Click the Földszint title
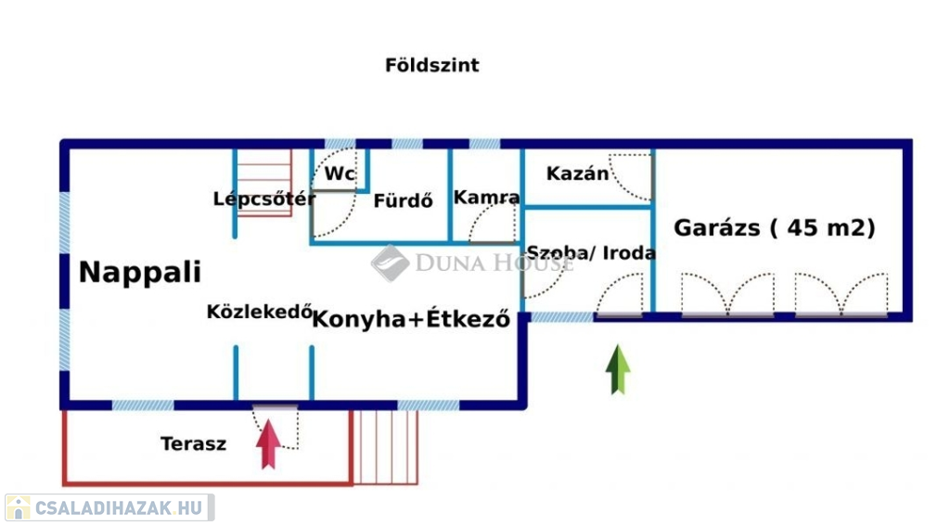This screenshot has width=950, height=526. click(432, 65)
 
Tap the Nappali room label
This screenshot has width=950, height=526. click(140, 272)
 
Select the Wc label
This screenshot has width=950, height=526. click(340, 173)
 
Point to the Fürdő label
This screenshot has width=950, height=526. click(403, 200)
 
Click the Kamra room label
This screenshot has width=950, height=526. click(486, 198)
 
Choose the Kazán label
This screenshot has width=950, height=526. click(577, 173)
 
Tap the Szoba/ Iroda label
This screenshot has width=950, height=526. click(591, 252)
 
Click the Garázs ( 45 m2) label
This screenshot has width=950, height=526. click(775, 228)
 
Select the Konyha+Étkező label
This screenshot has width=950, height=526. click(411, 319)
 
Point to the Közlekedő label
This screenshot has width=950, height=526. click(260, 312)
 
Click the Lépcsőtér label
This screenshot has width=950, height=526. click(264, 199)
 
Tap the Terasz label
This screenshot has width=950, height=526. click(193, 443)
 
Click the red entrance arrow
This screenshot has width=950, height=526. click(268, 444)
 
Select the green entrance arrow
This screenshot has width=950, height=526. click(618, 369)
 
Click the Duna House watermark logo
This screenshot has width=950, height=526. click(391, 263)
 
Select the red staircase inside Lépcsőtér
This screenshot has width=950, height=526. click(264, 183)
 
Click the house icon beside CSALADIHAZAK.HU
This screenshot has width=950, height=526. click(19, 507)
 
